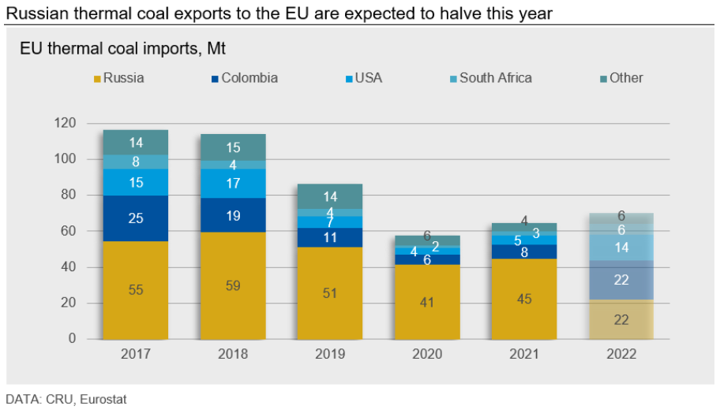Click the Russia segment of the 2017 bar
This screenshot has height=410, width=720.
click(136, 289)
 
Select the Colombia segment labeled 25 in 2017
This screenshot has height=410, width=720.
click(136, 218)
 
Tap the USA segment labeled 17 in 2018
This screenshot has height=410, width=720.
click(233, 183)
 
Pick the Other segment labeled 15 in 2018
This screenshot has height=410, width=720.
click(233, 147)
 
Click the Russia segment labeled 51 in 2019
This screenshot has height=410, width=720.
click(330, 293)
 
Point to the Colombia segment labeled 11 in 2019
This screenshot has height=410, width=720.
click(330, 237)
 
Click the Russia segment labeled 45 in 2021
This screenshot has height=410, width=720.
click(524, 298)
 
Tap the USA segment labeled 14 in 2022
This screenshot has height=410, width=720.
click(621, 247)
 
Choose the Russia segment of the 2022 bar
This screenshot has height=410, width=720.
click(621, 319)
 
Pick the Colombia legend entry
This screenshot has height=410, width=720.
click(244, 78)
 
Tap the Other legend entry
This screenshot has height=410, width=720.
click(621, 78)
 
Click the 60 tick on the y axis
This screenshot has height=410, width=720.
click(69, 231)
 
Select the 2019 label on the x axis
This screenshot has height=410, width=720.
click(330, 354)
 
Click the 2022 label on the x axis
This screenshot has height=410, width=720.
click(621, 354)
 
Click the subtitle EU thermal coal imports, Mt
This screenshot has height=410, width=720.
click(122, 49)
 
